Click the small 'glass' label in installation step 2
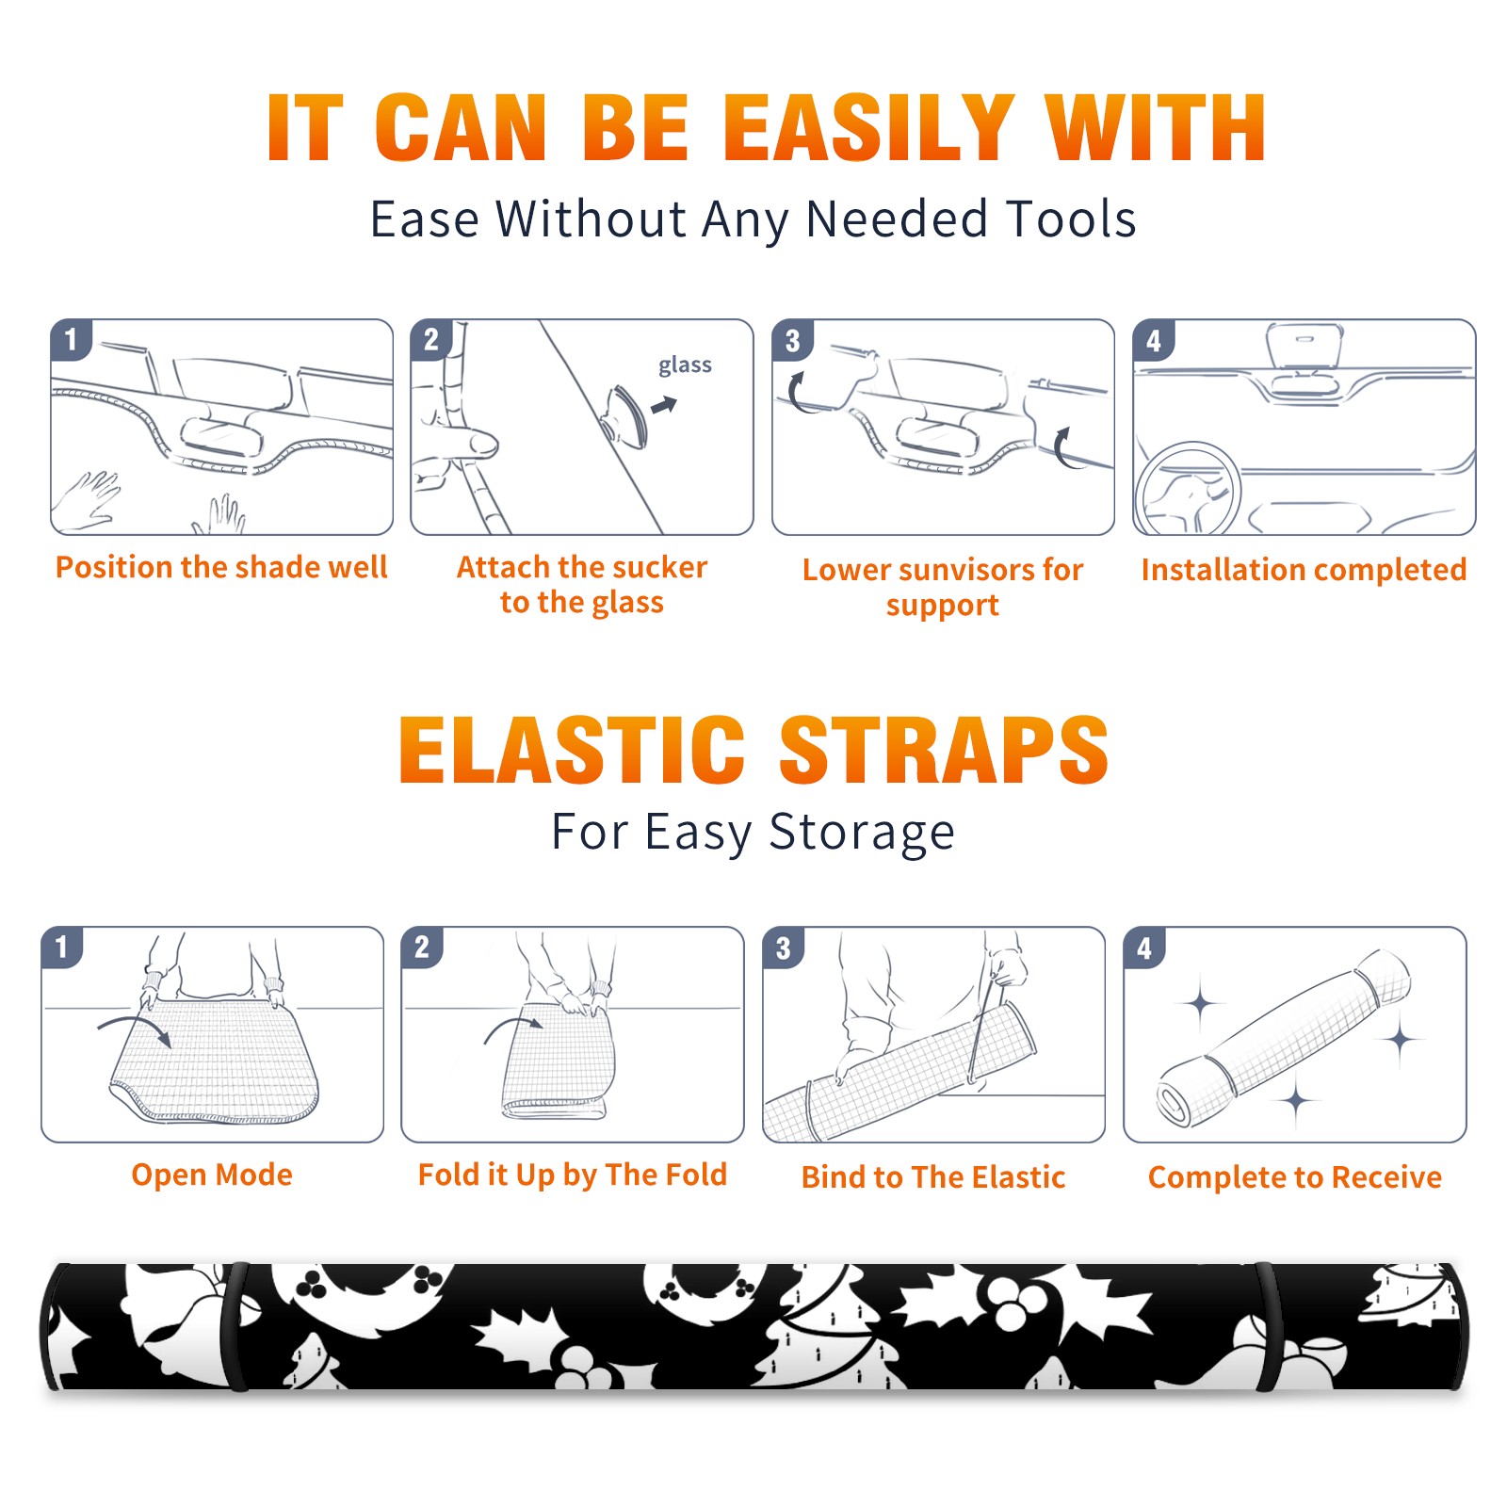(x=685, y=365)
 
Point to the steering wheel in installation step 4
(x=1189, y=490)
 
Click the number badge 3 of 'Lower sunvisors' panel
(x=793, y=340)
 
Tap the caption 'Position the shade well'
(x=221, y=567)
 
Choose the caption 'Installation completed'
(x=1304, y=570)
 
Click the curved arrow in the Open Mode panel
(x=135, y=1028)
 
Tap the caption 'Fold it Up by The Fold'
(x=573, y=1175)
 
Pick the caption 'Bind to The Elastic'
(x=933, y=1177)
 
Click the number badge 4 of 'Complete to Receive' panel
(x=1144, y=948)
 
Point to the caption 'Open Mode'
(x=212, y=1175)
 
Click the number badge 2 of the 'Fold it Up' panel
(x=422, y=948)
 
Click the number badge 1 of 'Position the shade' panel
(x=72, y=340)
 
